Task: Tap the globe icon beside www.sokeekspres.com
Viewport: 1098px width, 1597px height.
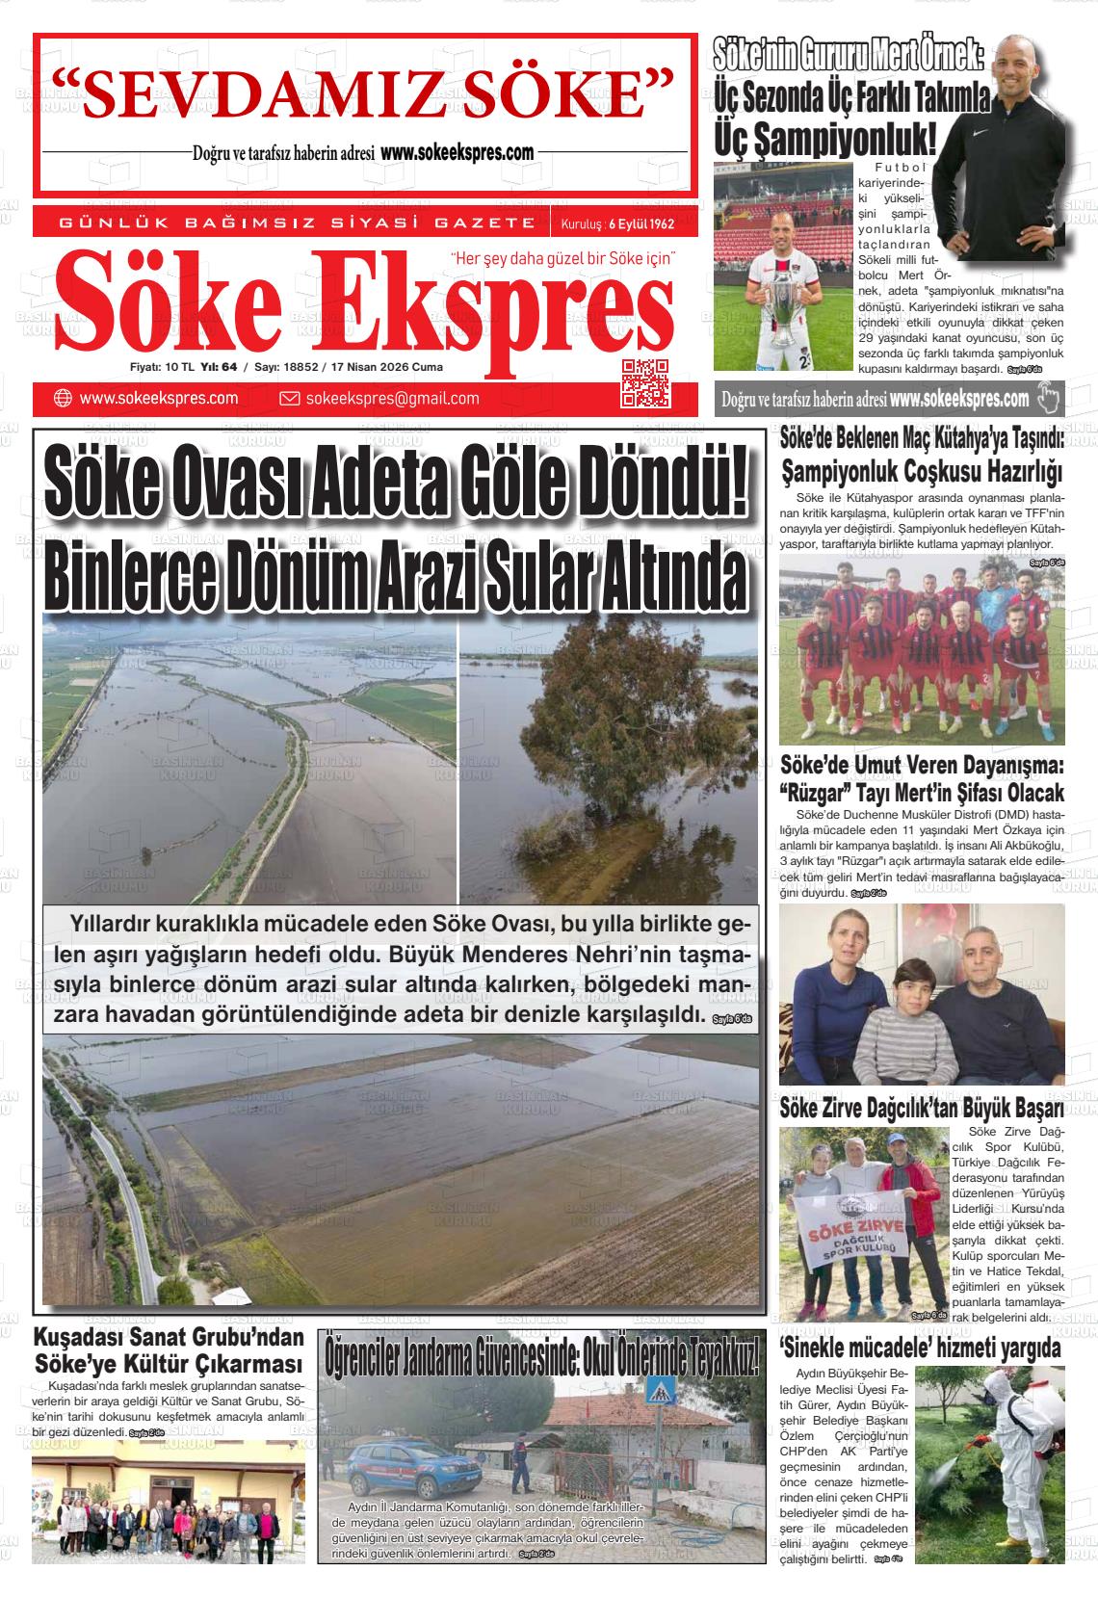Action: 63,399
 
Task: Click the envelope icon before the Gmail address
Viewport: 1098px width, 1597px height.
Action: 289,399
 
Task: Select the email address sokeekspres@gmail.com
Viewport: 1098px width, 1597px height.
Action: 392,399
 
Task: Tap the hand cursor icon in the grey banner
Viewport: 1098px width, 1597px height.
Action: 1048,397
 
